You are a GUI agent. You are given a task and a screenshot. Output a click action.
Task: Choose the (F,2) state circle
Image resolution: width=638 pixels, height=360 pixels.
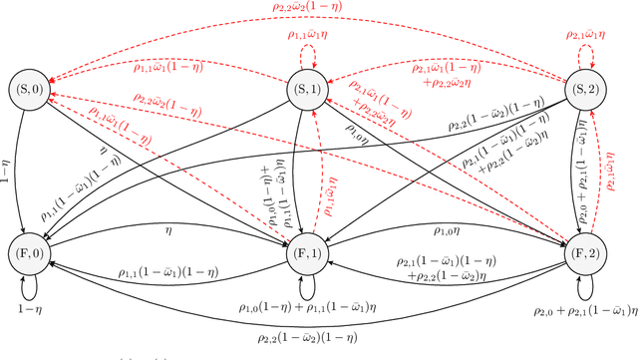coord(583,245)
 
